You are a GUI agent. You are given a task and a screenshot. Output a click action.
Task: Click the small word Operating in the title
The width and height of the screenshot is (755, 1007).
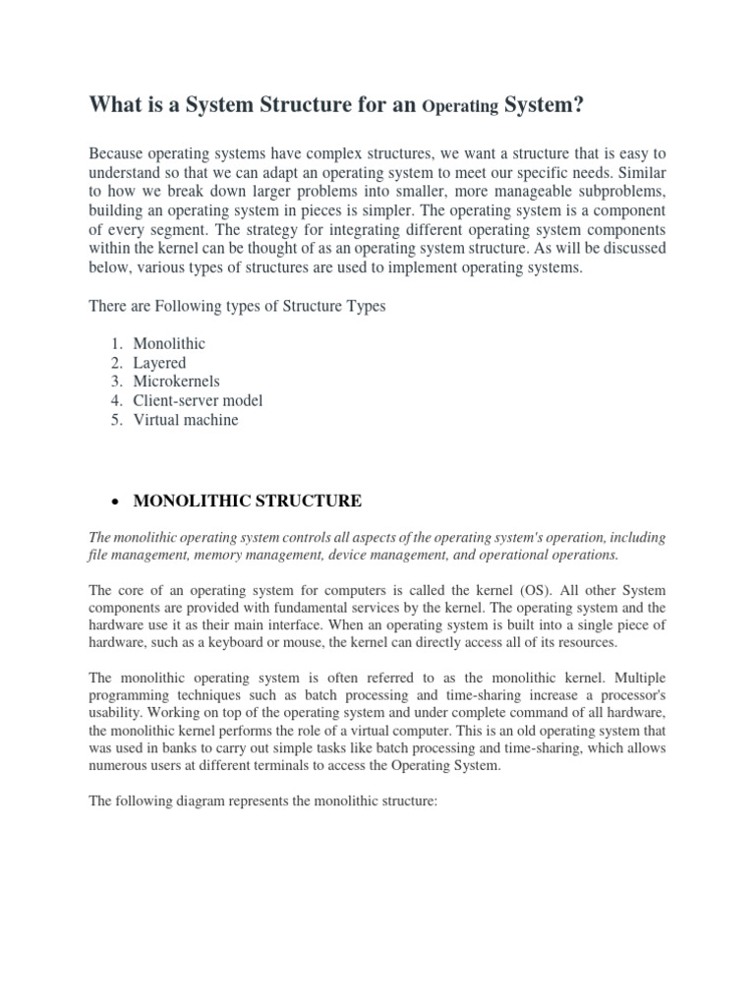click(x=459, y=106)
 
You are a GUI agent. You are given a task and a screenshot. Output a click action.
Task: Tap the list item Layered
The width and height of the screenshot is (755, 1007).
click(x=159, y=363)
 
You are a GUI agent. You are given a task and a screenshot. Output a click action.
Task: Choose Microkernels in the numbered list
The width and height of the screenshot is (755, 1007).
click(x=177, y=382)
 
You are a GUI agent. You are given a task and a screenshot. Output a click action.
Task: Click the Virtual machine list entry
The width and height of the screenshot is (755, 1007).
click(x=186, y=420)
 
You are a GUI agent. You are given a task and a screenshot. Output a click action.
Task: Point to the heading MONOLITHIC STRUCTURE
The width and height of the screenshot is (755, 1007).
click(x=247, y=502)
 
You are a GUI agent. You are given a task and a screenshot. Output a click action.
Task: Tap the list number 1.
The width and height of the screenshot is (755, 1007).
click(x=115, y=344)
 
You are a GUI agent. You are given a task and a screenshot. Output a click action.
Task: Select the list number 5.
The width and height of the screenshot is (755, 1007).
click(x=115, y=420)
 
